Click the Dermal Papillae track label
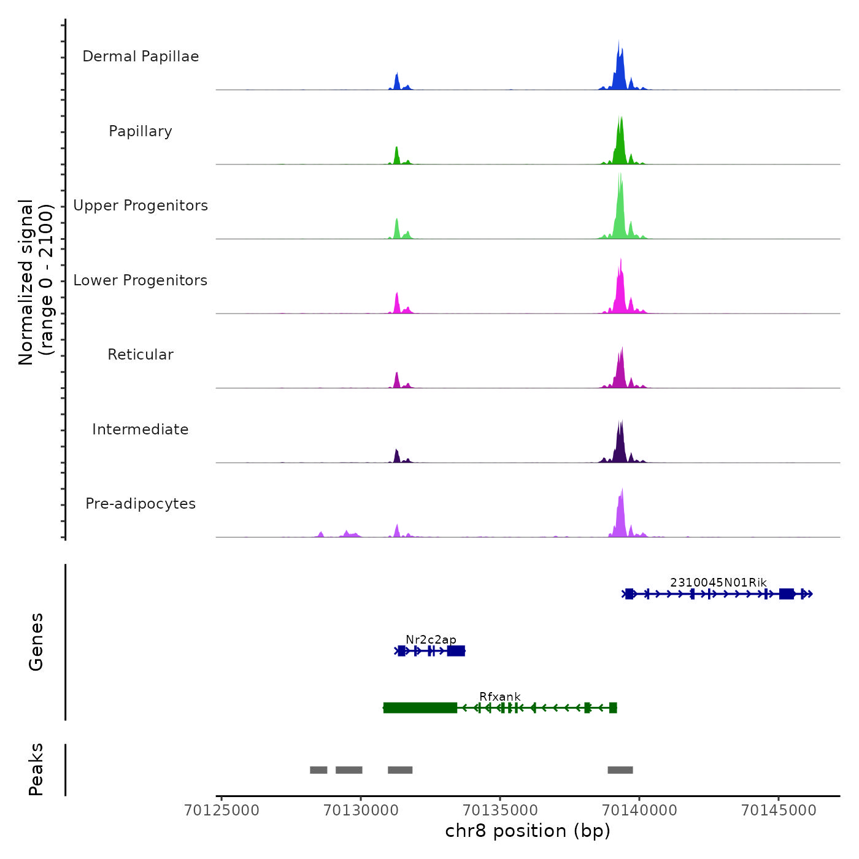[141, 56]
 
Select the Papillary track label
[141, 131]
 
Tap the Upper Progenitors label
[141, 206]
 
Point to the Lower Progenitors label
[141, 280]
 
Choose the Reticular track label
[141, 355]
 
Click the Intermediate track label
[141, 429]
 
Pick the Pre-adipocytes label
[141, 504]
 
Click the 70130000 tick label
[361, 811]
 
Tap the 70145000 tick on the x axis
[779, 811]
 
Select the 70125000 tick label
[221, 811]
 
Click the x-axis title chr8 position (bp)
[528, 831]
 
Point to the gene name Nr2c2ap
[431, 640]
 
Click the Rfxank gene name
[499, 696]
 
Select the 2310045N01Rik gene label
[718, 582]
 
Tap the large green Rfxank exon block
[420, 708]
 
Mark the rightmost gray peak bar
[620, 770]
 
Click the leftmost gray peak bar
[318, 770]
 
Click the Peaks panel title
[36, 769]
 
